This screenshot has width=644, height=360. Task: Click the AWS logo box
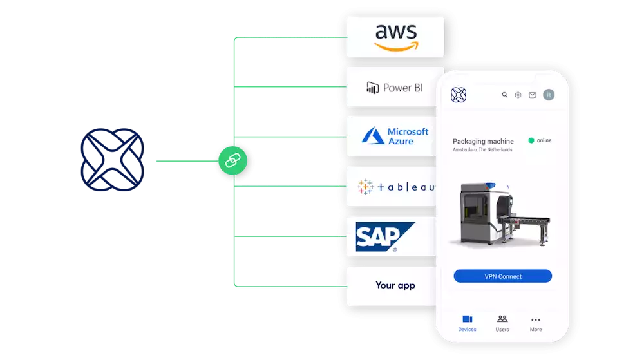pyautogui.click(x=395, y=37)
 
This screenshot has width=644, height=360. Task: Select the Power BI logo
pyautogui.click(x=395, y=87)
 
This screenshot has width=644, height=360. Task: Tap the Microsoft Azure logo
pyautogui.click(x=395, y=136)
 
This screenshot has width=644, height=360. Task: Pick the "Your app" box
pyautogui.click(x=395, y=285)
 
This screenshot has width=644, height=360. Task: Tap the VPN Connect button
pyautogui.click(x=503, y=276)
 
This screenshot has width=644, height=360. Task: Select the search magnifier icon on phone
pyautogui.click(x=505, y=95)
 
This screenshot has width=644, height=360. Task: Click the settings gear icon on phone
pyautogui.click(x=518, y=95)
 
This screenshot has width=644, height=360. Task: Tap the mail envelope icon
pyautogui.click(x=533, y=95)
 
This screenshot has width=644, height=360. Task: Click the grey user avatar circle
pyautogui.click(x=549, y=95)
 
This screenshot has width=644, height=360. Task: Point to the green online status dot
pyautogui.click(x=531, y=140)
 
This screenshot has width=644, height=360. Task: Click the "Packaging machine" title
pyautogui.click(x=483, y=141)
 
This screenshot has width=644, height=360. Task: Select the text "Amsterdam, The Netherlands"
pyautogui.click(x=482, y=150)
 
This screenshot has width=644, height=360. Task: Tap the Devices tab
pyautogui.click(x=468, y=323)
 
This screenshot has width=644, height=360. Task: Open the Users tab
pyautogui.click(x=502, y=323)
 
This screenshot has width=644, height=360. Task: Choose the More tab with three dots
pyautogui.click(x=536, y=323)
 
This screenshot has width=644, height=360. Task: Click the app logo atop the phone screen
pyautogui.click(x=459, y=95)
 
